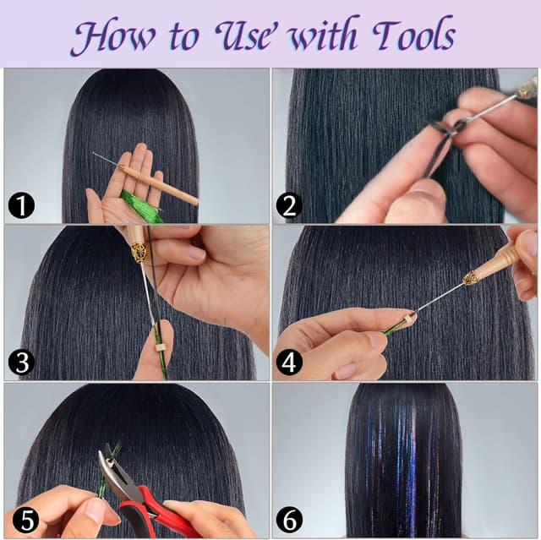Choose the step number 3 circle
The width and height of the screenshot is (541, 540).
[20, 363]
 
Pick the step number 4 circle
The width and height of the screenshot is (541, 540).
[289, 363]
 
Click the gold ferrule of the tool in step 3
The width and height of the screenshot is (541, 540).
[138, 251]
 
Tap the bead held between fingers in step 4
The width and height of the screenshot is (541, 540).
[408, 319]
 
